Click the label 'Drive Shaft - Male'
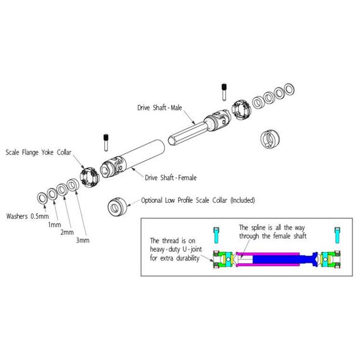point(160,107)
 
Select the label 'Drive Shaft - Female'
point(171,177)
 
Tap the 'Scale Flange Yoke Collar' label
point(39,152)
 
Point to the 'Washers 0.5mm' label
point(27,216)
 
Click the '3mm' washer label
point(83,241)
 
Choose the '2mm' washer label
point(67,232)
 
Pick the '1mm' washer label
point(54,225)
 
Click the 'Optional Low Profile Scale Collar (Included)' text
point(198,200)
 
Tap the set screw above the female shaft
point(106,143)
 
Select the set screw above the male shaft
point(224,92)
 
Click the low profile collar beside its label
point(117,207)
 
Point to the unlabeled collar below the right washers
point(270,139)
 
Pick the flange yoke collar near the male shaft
point(241,111)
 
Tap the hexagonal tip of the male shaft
point(172,140)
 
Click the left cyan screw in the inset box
point(216,235)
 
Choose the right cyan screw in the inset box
point(337,235)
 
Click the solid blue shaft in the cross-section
point(275,260)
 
